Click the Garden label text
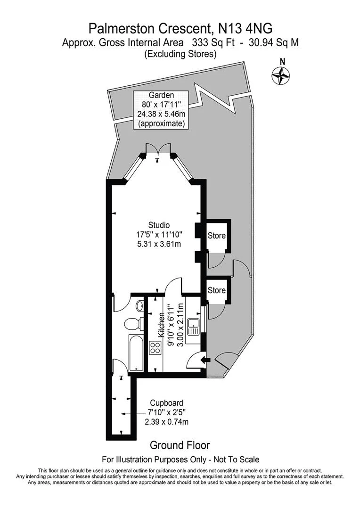(161, 95)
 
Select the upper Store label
(217, 235)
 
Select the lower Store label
(217, 290)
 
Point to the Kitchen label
(162, 326)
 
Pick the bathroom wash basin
(139, 306)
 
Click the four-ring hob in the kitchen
(155, 348)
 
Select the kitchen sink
(193, 326)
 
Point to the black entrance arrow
(205, 361)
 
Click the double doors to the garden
(158, 148)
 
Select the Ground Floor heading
(180, 445)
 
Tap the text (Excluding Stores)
(180, 54)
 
